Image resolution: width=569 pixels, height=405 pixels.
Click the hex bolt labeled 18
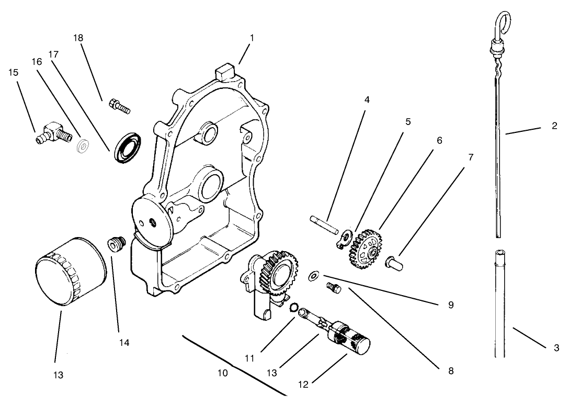tap(119, 106)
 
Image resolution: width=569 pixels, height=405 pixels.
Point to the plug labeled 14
tap(115, 244)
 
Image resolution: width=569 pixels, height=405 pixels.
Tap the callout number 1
tap(252, 38)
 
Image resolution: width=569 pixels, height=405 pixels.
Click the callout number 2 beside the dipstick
tap(554, 126)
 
